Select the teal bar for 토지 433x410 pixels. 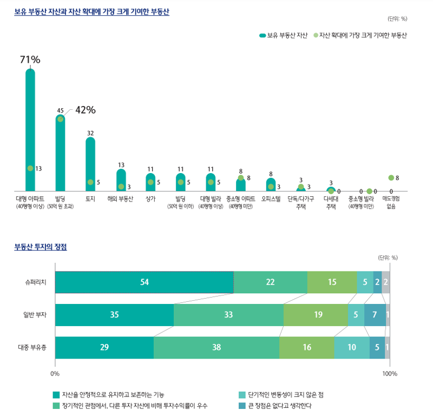tap(90, 162)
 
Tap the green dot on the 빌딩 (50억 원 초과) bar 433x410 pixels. tap(60, 119)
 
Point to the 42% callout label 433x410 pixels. tap(85, 110)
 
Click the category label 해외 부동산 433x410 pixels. tap(120, 199)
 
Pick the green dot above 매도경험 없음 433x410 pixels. tap(391, 177)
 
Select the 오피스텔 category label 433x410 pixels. tap(271, 199)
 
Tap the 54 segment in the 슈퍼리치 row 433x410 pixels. tap(145, 282)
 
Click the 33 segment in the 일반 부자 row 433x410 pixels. tap(228, 315)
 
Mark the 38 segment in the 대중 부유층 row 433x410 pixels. tap(216, 347)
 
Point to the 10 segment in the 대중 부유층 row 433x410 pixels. tap(351, 347)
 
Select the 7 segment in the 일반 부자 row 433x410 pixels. tap(375, 315)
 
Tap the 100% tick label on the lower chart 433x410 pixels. tap(390, 374)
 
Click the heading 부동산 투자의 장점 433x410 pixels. tap(41, 247)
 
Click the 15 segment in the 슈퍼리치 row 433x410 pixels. tap(332, 282)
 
